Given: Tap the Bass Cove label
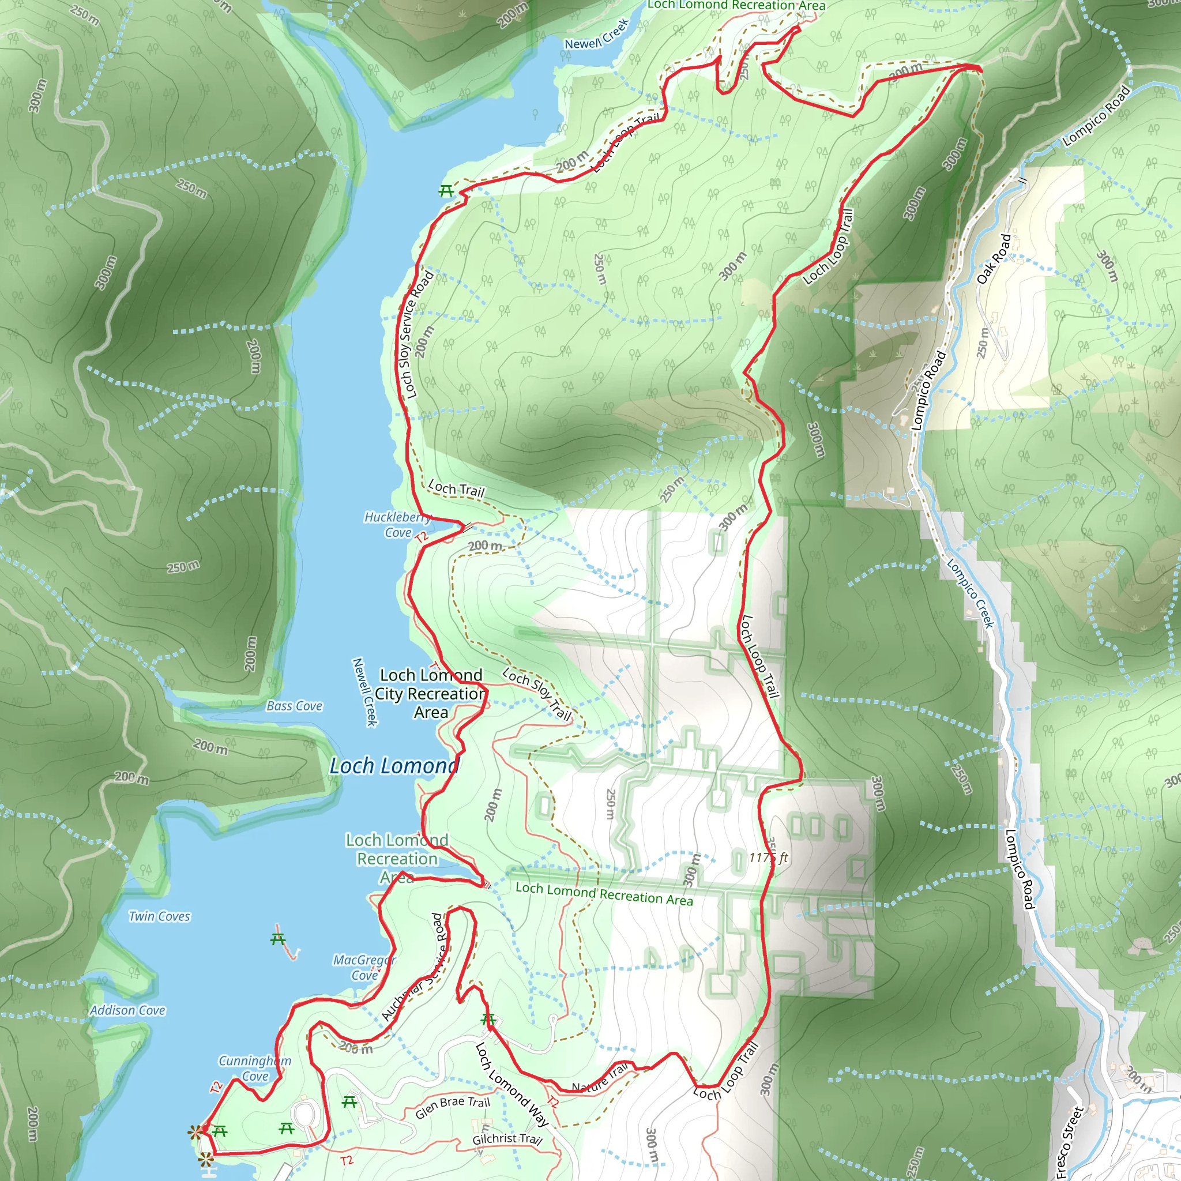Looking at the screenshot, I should point(294,706).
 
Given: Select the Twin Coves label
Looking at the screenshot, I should point(160,916).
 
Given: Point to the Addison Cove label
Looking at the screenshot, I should point(128,1010).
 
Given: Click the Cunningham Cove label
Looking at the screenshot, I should point(255,1068).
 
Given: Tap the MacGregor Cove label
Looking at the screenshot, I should point(364,967).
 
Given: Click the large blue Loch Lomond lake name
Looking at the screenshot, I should point(394,766).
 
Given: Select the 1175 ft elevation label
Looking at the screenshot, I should point(768,857).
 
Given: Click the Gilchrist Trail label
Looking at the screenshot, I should point(507,1139).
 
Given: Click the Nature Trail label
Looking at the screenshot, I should point(600,1078).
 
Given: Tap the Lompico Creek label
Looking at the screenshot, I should point(971,593).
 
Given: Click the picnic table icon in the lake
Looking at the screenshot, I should point(278,938).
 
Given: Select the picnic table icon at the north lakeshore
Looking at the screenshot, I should point(446,191).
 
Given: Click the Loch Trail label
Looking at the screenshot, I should point(456,488).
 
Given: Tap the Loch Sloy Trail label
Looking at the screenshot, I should point(537,694).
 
